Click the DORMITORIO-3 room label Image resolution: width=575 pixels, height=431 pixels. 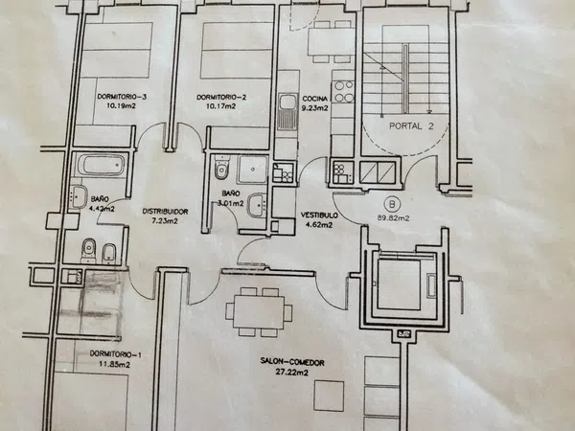click(122, 97)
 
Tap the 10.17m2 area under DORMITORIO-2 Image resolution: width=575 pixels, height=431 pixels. click(221, 106)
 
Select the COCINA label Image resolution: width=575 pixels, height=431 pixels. click(315, 99)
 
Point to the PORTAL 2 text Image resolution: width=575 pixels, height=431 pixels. click(411, 126)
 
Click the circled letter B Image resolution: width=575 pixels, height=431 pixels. click(392, 204)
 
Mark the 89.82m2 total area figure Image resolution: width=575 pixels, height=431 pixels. click(393, 218)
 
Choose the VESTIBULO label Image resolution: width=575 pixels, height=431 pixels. click(319, 215)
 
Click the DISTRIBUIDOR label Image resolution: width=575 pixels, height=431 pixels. click(165, 212)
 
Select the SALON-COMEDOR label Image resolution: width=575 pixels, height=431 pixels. click(292, 362)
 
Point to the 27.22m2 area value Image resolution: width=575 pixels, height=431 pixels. click(292, 373)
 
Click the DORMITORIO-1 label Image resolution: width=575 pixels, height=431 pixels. click(116, 354)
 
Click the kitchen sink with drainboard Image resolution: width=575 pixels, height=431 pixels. click(287, 111)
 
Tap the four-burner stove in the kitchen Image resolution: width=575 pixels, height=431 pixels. click(344, 92)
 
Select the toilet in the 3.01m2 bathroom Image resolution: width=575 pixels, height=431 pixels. click(221, 168)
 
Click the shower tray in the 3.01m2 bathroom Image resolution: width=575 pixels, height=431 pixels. click(253, 170)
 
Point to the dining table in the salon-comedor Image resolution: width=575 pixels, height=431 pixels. click(259, 312)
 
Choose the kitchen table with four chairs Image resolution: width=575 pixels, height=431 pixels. click(332, 41)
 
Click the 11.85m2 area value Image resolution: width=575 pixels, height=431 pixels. click(115, 364)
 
